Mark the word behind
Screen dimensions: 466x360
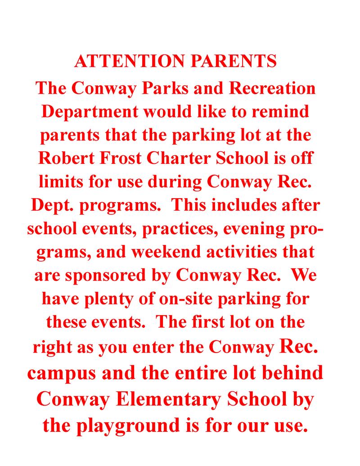pyautogui.click(x=295, y=373)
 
